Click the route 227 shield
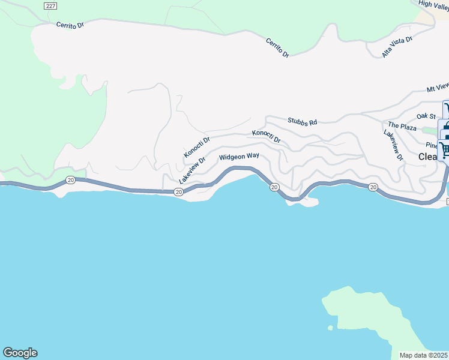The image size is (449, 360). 51,5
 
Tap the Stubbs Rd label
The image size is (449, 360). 302,122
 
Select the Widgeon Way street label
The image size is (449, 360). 239,157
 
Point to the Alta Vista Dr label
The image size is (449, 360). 397,47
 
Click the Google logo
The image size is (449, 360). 20,353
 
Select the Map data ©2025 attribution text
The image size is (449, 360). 424,355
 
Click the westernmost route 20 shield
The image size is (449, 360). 70,179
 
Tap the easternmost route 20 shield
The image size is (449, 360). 373,188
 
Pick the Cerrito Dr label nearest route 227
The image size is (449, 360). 71,26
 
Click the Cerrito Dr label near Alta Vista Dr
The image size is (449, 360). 277,48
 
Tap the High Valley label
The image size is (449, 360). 433,4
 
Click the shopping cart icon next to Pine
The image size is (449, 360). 444,148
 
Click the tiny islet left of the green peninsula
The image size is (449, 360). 330,328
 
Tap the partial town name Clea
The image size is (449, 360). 429,157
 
